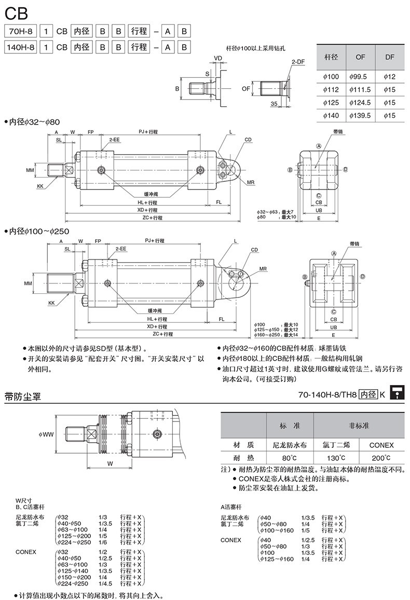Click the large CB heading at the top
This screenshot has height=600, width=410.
point(16,12)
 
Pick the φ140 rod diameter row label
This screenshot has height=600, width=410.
point(331,116)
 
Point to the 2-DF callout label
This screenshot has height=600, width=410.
point(298,62)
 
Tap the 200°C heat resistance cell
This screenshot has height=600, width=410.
point(381,458)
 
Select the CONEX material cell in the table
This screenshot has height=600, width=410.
point(381,445)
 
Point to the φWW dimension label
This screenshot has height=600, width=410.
point(46,434)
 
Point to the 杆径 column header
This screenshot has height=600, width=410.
point(331,57)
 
